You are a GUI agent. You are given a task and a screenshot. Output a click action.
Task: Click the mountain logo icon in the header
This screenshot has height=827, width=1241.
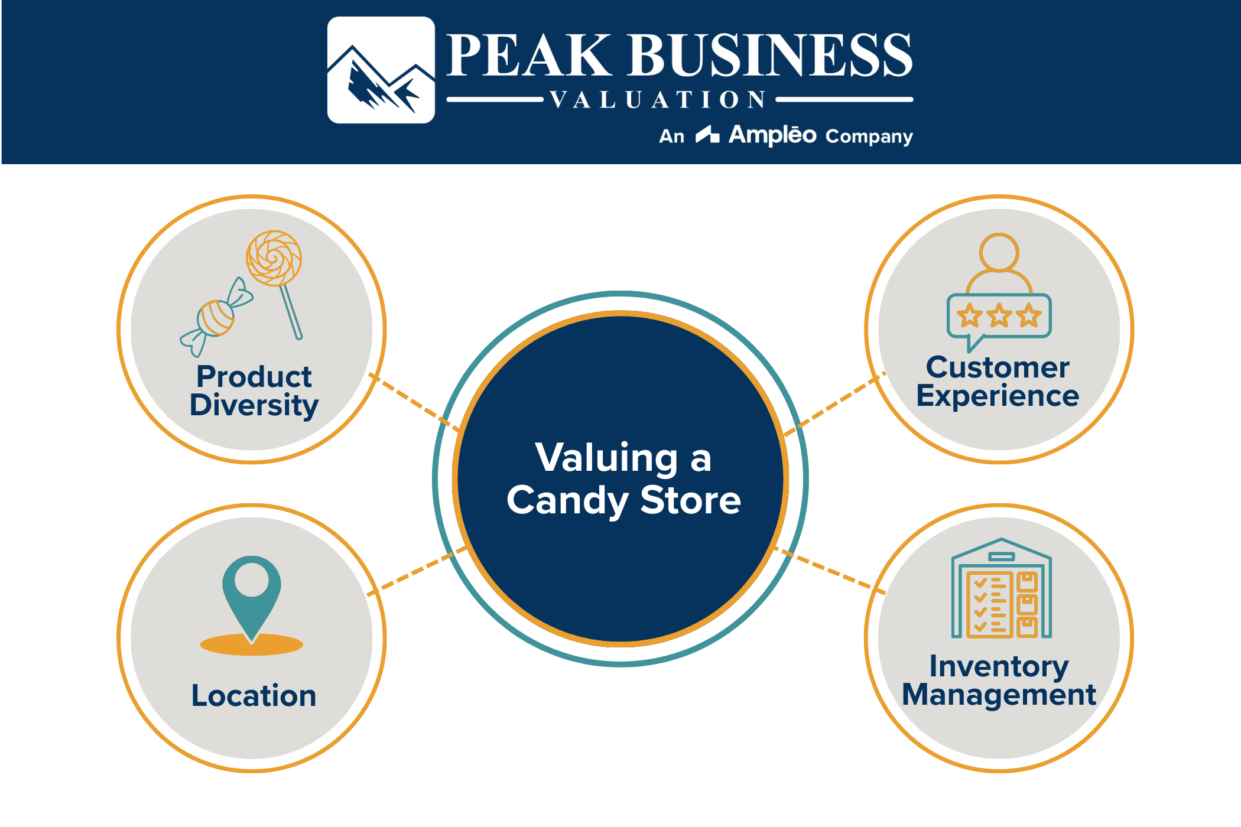381,70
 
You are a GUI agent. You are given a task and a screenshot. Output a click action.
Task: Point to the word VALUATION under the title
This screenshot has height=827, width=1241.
658,100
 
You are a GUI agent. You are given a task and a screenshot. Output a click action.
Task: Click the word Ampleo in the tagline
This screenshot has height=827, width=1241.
772,135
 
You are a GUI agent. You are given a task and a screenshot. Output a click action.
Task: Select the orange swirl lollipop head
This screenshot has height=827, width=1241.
274,258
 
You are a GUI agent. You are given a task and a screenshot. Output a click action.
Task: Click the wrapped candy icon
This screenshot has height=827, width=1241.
216,318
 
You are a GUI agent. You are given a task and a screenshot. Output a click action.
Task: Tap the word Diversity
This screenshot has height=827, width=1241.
254,406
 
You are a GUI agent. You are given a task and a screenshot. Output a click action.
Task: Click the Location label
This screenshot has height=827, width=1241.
254,695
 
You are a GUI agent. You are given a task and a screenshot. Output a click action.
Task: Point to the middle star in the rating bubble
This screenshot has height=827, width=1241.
999,315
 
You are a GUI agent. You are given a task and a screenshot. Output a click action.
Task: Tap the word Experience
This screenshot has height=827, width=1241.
998,396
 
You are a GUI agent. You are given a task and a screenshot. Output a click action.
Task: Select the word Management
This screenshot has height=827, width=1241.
999,695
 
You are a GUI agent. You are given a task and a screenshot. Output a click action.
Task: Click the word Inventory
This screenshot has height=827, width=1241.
999,666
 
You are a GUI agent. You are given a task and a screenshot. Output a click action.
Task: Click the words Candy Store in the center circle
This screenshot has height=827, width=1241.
623,500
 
